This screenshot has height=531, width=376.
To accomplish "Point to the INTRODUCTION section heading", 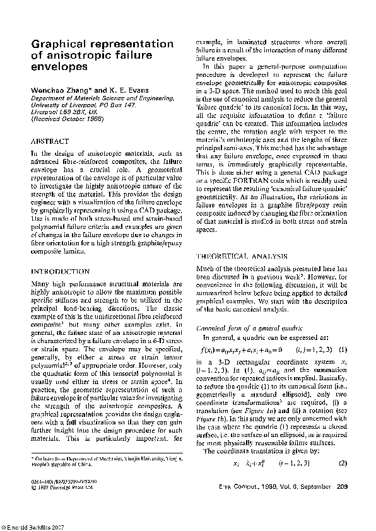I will point(61,271).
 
